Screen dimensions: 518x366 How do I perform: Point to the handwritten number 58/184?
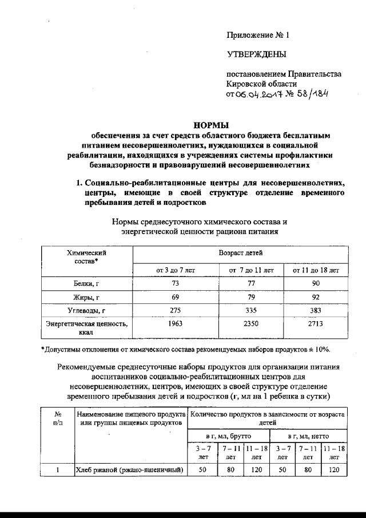[x=313, y=94]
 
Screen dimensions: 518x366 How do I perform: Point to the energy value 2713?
[x=316, y=325]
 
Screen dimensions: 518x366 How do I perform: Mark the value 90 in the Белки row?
[x=316, y=284]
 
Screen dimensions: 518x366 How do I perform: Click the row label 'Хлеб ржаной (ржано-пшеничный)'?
[x=129, y=470]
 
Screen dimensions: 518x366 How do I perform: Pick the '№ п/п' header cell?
[x=57, y=417]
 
